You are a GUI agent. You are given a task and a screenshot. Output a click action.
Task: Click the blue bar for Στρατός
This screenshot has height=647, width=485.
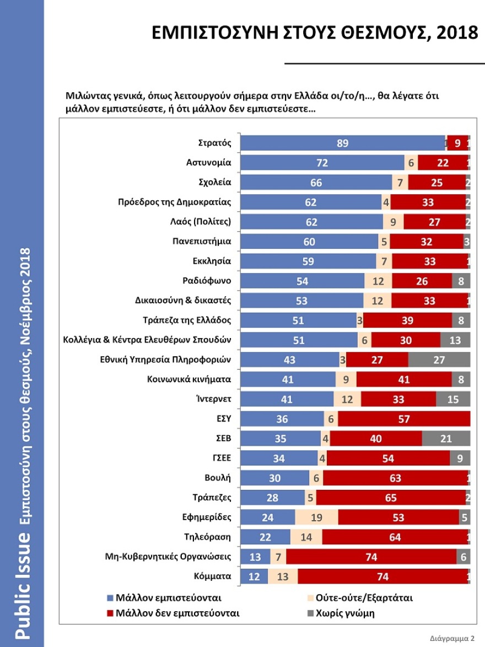click(x=343, y=143)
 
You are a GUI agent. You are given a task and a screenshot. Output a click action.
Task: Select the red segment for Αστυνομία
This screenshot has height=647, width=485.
click(x=442, y=163)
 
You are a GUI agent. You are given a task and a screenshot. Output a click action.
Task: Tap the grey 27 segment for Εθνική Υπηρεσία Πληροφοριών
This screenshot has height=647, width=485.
click(x=439, y=360)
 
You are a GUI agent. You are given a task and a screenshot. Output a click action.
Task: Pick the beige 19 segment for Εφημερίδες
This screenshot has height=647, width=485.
click(x=316, y=517)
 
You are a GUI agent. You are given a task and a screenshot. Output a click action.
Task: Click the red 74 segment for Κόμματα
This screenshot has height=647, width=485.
click(x=382, y=576)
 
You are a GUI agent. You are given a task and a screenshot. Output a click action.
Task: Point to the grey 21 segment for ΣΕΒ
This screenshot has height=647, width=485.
click(x=446, y=439)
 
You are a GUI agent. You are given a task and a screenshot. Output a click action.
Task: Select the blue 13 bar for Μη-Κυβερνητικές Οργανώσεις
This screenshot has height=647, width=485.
click(x=256, y=557)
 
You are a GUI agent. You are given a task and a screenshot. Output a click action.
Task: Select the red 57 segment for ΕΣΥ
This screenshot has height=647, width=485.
click(x=404, y=419)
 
